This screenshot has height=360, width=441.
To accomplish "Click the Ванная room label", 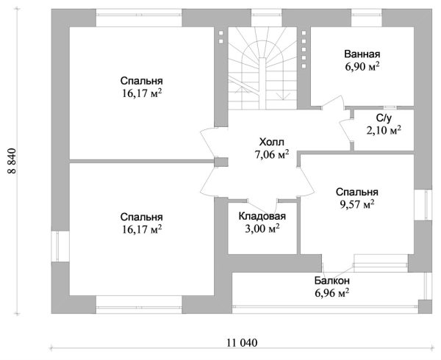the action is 362,54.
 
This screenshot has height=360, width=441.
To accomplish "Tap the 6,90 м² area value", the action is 362,67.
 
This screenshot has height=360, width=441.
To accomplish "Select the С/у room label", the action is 384,118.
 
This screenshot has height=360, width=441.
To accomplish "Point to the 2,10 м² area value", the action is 384,130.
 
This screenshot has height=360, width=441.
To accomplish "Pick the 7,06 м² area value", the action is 272,154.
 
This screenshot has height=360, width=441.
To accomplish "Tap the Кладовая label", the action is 262,216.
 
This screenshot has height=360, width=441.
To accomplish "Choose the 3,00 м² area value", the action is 262,228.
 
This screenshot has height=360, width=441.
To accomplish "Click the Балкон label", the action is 332,281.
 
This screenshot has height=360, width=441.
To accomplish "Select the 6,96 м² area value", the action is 332,293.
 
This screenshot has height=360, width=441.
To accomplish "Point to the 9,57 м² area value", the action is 357,204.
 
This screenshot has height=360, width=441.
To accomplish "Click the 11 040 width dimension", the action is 242,343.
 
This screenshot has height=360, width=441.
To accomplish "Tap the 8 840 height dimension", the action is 12,161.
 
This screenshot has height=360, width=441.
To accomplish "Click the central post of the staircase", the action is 262,84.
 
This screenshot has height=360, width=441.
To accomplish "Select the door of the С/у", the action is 345,130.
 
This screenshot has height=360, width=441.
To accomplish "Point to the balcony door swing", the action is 337,270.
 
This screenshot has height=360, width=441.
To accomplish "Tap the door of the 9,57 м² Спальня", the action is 306,181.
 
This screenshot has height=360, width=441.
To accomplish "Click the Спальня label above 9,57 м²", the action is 357,192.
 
